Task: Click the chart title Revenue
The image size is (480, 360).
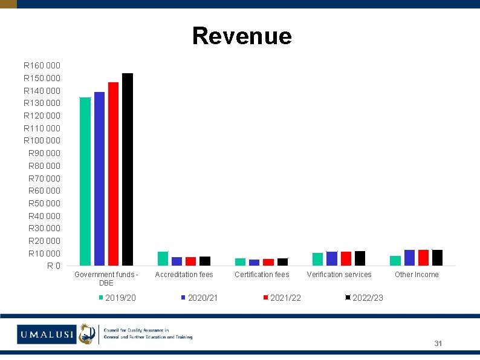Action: point(242,36)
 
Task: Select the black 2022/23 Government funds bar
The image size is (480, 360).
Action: point(128,169)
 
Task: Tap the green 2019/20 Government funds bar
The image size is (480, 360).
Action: point(85,182)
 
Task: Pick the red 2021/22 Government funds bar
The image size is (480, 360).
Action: point(113,174)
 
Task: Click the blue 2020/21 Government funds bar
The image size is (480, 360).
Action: point(99,178)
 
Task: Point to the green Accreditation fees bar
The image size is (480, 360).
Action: point(163,258)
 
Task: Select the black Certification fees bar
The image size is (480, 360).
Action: point(282,262)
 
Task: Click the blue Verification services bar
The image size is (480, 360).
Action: point(332,258)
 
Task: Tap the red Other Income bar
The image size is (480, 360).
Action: point(423,258)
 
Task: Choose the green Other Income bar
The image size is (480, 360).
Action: point(395,261)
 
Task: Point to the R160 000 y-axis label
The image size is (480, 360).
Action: point(42,65)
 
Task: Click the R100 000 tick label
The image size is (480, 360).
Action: point(42,140)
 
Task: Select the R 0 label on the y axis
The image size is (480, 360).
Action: point(54,266)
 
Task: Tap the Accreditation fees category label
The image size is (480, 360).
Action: point(184,275)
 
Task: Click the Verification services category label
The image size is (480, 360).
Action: point(339,275)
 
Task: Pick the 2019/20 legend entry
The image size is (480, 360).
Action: point(117,298)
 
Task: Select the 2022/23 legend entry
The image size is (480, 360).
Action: point(365,298)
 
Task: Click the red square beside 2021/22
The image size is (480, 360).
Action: point(266,298)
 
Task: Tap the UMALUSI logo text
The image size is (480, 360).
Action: point(47,334)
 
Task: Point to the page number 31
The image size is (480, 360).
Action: point(438,344)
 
